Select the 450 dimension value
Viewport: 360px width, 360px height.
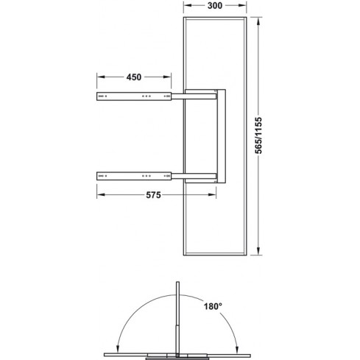[135, 76]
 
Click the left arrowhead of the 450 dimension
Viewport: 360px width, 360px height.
[99, 77]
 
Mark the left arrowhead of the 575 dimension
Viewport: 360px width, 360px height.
[99, 195]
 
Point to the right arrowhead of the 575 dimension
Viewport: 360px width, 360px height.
[216, 195]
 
